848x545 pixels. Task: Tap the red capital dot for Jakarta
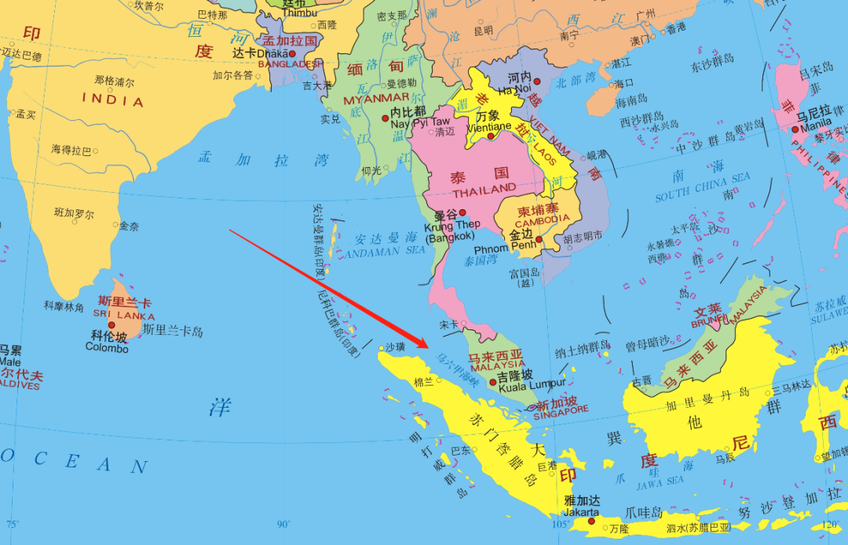pos(591,521)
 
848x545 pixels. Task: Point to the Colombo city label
pos(107,347)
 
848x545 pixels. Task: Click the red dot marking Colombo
pos(111,325)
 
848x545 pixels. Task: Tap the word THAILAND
pos(484,190)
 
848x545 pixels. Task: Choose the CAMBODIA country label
pos(543,220)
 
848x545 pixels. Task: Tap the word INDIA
pos(113,101)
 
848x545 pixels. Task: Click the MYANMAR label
pos(377,99)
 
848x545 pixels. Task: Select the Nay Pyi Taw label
pos(420,122)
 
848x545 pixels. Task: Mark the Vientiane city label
pos(488,125)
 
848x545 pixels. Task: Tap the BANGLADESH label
pos(291,64)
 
